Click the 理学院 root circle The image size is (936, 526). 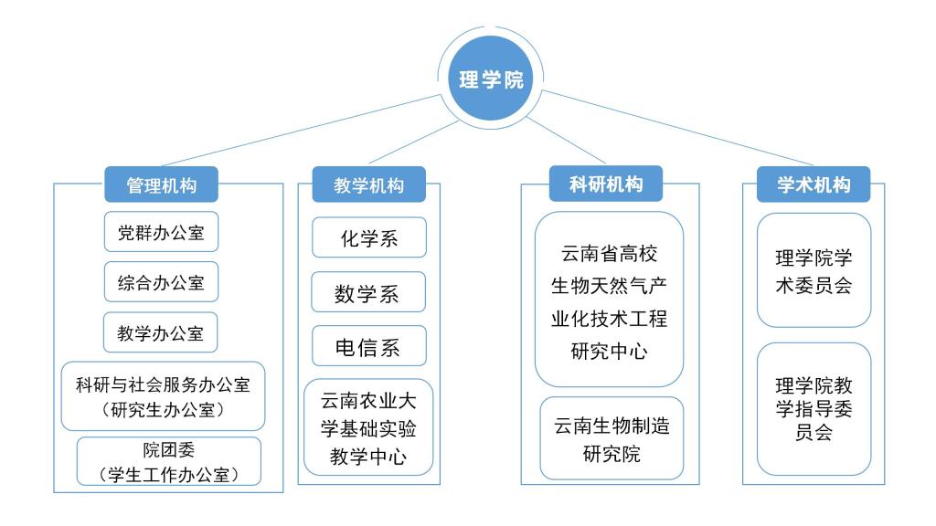click(x=491, y=80)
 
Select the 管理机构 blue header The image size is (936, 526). click(x=161, y=184)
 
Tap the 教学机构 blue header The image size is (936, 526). click(x=369, y=184)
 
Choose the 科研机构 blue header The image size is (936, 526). click(x=607, y=184)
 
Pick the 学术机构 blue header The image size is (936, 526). click(x=814, y=184)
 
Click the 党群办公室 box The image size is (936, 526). click(x=161, y=233)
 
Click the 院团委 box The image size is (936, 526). click(x=168, y=461)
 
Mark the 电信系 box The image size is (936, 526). click(x=368, y=346)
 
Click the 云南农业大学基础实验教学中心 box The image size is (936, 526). click(x=368, y=427)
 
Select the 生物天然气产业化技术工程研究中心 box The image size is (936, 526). click(x=609, y=300)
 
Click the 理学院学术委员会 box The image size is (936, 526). click(x=814, y=270)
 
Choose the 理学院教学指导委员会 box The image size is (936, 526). click(x=814, y=409)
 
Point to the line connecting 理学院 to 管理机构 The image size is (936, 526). click(x=302, y=129)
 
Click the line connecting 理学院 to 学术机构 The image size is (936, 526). click(x=676, y=129)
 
